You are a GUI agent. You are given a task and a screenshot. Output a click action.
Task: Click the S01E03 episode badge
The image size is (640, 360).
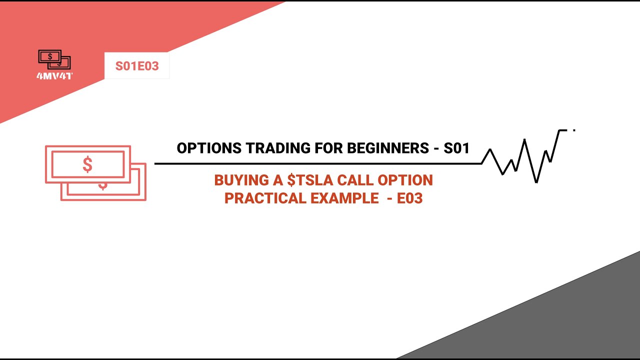[x=137, y=66]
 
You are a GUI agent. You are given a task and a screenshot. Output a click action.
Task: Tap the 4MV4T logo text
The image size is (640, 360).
[x=54, y=76]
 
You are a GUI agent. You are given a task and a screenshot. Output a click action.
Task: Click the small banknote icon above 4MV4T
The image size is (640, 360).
[x=54, y=59]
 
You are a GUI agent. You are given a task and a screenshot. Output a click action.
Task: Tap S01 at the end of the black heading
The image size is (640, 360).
[x=456, y=148]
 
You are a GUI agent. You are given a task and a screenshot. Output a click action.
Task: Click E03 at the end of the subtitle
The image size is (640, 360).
[x=410, y=198]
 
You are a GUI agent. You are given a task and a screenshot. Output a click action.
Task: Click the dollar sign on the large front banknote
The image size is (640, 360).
[x=87, y=165]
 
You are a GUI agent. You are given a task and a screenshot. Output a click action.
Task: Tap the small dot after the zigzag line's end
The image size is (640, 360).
[x=574, y=130]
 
